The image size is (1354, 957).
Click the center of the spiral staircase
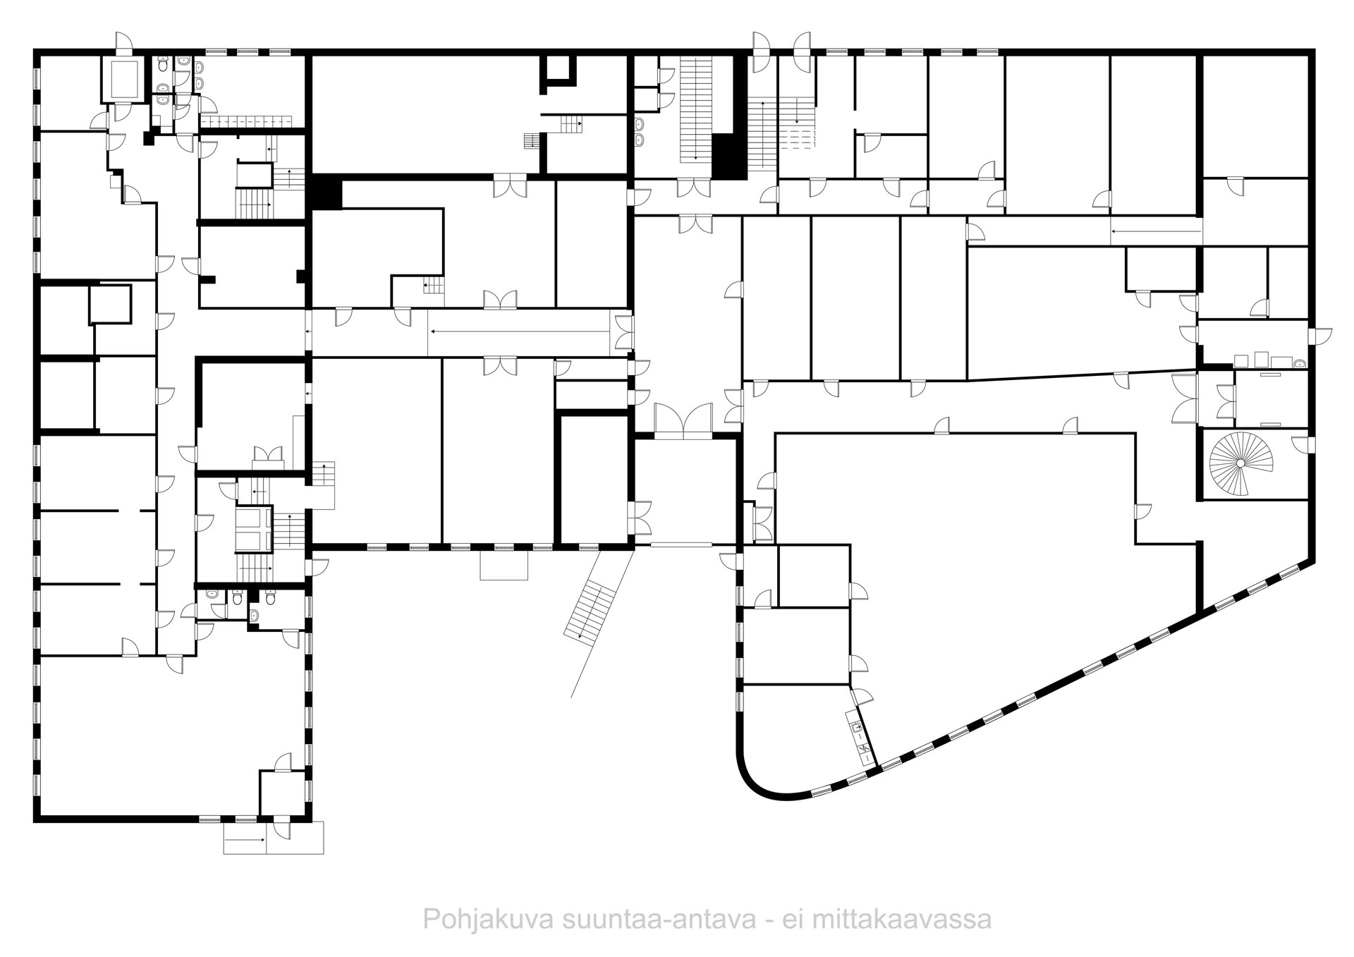pos(1239,462)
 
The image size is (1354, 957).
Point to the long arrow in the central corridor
pos(520,331)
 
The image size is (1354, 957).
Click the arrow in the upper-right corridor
pos(1156,231)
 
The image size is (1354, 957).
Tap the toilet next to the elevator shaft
pos(163,66)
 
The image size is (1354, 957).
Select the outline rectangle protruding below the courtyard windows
pos(504,565)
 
